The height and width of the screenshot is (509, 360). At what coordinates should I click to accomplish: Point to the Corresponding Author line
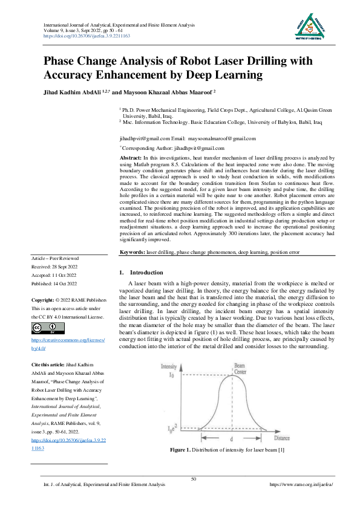(x=168, y=148)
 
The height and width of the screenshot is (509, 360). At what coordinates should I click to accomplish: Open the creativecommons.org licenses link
(x=68, y=345)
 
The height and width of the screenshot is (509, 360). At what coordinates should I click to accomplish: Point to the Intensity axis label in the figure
(x=169, y=367)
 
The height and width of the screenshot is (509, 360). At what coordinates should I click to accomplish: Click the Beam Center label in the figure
(x=240, y=368)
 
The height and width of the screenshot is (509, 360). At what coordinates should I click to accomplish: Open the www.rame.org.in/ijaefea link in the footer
(x=301, y=485)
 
